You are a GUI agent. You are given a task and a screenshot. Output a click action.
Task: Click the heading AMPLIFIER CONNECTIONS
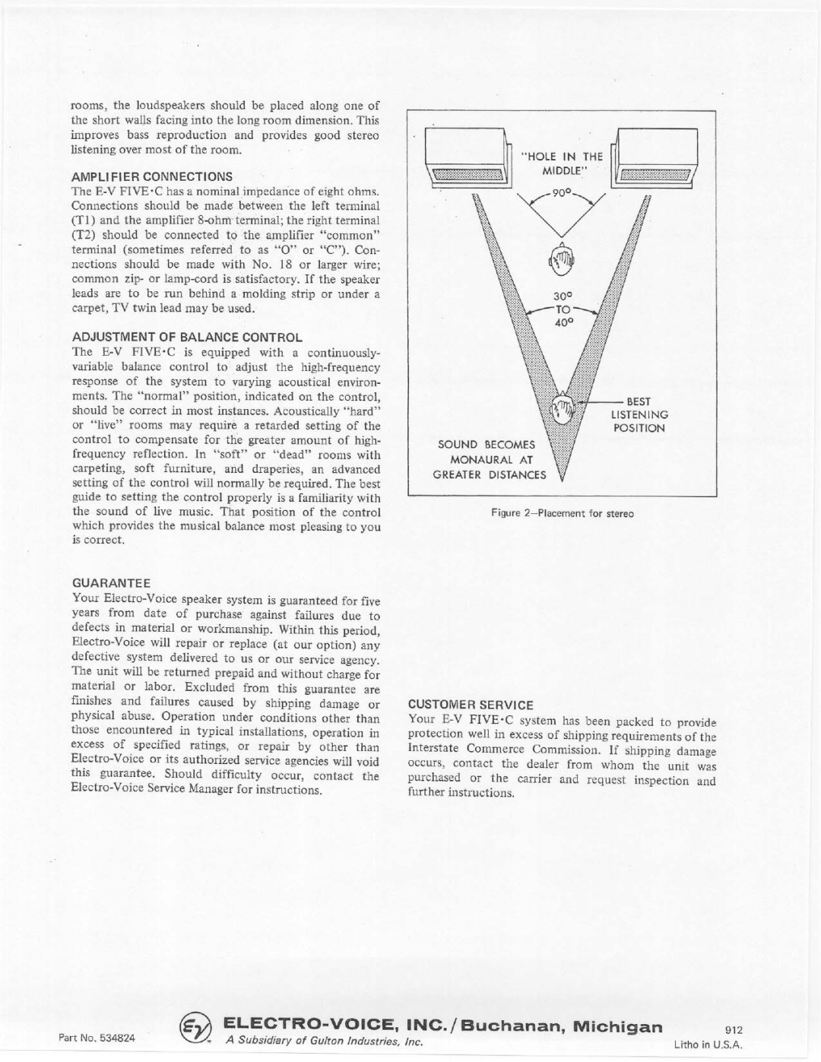[x=152, y=176]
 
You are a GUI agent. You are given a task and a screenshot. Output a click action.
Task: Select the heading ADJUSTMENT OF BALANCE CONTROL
[x=187, y=337]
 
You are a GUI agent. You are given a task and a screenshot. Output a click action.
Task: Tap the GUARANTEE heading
[x=111, y=584]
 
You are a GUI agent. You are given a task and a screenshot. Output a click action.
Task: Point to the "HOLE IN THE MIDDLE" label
[x=562, y=163]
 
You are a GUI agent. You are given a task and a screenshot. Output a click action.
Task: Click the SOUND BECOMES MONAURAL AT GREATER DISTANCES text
[x=490, y=460]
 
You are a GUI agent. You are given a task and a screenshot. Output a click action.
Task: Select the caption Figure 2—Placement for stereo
[x=563, y=514]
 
